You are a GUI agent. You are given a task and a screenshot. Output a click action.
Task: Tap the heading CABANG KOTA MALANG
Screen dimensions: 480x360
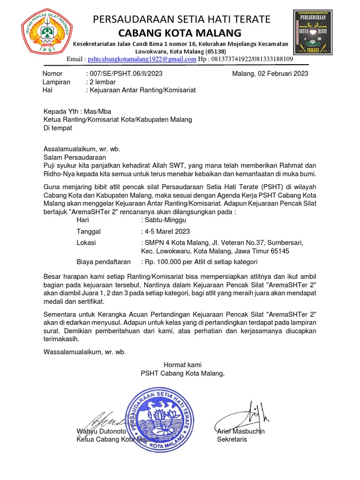pyautogui.click(x=180, y=33)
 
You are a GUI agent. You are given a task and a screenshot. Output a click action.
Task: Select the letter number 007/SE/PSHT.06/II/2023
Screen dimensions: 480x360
pyautogui.click(x=126, y=74)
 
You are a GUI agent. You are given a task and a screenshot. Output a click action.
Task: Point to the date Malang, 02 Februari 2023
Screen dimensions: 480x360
pyautogui.click(x=270, y=74)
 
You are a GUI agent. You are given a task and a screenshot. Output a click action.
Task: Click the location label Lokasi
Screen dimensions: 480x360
pyautogui.click(x=86, y=242)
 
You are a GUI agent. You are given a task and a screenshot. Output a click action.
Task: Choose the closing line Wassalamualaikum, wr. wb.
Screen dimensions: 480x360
pyautogui.click(x=85, y=352)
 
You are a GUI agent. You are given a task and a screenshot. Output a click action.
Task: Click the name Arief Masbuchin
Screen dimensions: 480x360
pyautogui.click(x=241, y=431)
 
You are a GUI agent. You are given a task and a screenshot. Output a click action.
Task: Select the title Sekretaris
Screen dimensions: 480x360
pyautogui.click(x=232, y=439)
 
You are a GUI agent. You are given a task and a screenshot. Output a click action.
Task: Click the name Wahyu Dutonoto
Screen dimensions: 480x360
pyautogui.click(x=101, y=431)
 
